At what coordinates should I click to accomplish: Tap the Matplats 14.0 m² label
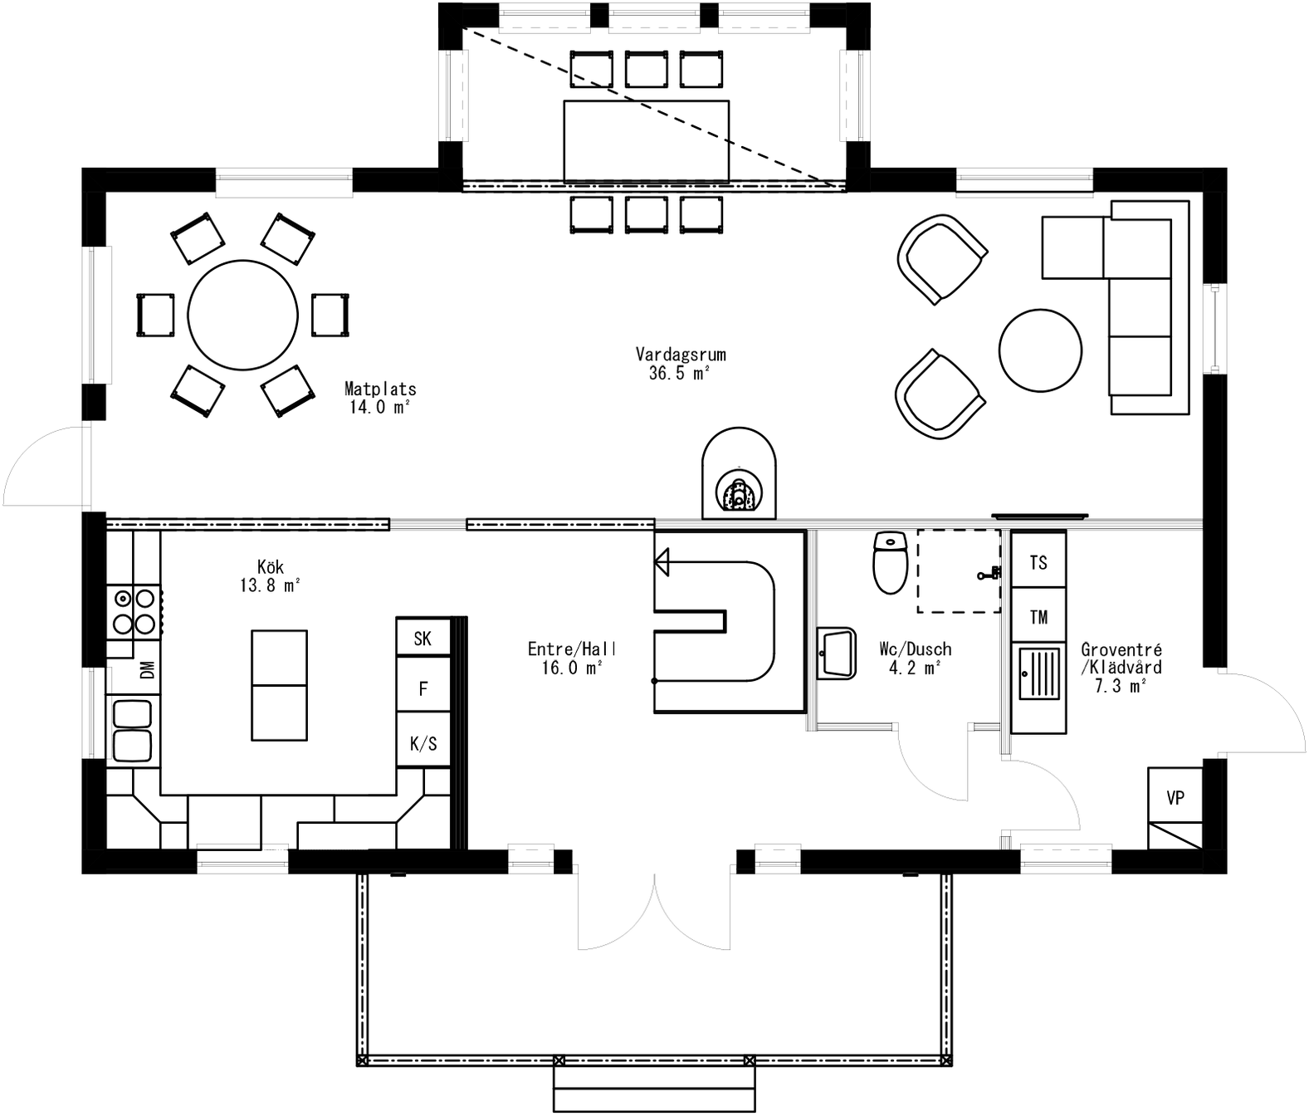pos(379,397)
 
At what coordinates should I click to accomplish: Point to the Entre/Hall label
pos(572,658)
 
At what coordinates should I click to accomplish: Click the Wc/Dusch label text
pos(915,658)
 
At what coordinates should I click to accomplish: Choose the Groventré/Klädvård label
pos(1121,667)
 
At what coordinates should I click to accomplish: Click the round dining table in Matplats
pos(242,315)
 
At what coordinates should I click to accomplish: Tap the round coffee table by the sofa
pos(1040,350)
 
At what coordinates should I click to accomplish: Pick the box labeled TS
pos(1038,562)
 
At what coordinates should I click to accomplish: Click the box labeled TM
pos(1038,616)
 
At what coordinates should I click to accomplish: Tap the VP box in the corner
pos(1175,797)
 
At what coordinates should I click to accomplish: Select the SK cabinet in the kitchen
pos(422,638)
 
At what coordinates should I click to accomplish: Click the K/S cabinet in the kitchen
pos(422,743)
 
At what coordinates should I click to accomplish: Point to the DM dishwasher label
pos(147,670)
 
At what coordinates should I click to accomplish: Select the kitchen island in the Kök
pos(279,685)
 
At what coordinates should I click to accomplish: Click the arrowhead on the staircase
pos(662,563)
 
